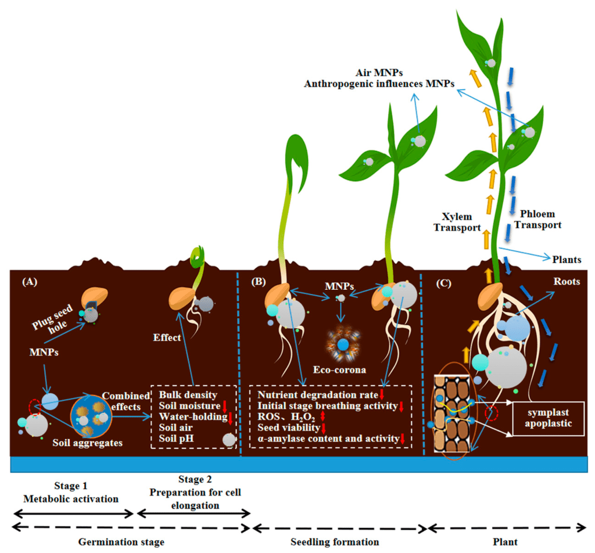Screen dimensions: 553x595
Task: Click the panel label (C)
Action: click(446, 283)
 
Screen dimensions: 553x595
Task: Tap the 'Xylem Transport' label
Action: click(456, 222)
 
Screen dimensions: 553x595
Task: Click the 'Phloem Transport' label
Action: click(540, 219)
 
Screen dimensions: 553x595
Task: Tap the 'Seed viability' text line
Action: click(286, 428)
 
